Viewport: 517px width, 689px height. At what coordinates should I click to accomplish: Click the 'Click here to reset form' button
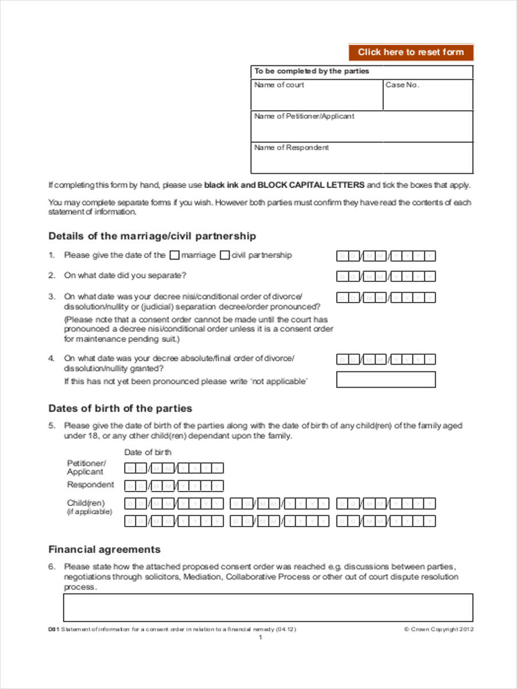(411, 52)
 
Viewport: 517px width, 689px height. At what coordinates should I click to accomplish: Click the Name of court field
(317, 98)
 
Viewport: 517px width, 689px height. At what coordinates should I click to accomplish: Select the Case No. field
(428, 98)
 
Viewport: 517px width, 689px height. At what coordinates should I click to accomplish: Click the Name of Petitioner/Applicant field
(362, 130)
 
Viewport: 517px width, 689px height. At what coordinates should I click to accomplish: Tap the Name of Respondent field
(362, 161)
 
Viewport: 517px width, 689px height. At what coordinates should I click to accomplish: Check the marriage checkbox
(175, 256)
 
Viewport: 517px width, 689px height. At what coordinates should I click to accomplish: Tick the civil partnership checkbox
(225, 256)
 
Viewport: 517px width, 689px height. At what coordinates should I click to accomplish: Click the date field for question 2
(385, 277)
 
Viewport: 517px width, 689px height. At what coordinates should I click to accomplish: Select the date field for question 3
(385, 297)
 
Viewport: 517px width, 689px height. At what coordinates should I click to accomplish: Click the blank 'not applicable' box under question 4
(385, 380)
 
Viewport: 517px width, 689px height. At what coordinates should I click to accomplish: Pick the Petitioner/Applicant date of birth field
(174, 468)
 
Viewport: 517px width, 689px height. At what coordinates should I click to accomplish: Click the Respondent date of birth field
(174, 486)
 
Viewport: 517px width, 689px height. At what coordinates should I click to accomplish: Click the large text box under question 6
(268, 607)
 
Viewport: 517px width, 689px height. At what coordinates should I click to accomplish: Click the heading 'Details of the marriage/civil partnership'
(152, 236)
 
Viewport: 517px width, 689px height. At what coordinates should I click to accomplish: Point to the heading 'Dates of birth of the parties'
(120, 408)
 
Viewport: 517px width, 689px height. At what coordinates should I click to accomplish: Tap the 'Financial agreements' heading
(105, 549)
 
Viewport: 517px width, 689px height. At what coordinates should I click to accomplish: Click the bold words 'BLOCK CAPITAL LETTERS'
(311, 185)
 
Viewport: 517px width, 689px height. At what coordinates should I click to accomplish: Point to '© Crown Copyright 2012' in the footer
(439, 629)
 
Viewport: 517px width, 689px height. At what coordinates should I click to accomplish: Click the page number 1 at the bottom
(260, 637)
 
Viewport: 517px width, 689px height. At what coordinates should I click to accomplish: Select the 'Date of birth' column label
(148, 452)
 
